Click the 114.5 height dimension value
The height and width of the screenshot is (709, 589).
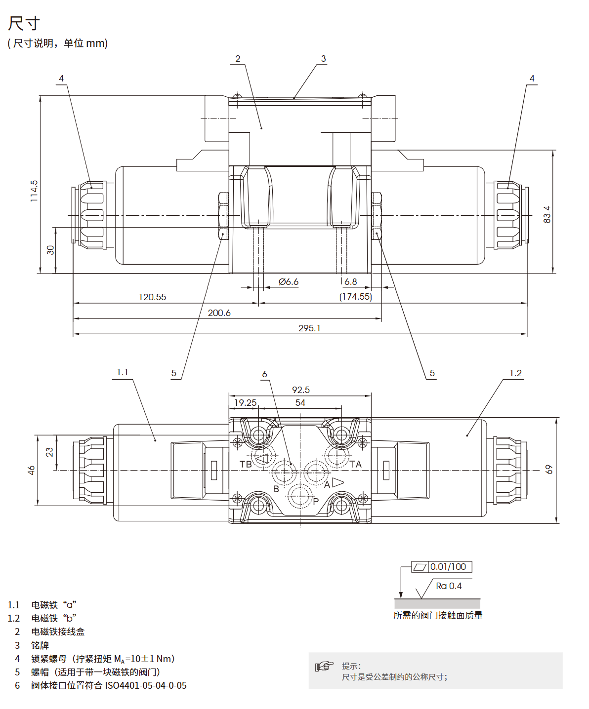34,191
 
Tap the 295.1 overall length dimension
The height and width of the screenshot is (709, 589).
309,328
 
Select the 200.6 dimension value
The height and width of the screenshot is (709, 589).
219,313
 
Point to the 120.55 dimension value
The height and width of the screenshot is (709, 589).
152,297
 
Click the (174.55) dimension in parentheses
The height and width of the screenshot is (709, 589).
355,296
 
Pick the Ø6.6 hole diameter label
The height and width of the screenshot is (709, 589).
289,281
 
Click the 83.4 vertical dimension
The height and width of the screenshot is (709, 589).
547,214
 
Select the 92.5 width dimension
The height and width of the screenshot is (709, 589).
300,390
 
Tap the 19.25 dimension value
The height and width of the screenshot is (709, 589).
245,402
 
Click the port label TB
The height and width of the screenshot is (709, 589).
246,464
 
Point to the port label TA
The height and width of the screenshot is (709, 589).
356,464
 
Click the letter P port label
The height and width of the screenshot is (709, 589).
316,501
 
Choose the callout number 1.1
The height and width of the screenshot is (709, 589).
122,372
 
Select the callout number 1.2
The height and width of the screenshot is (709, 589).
515,373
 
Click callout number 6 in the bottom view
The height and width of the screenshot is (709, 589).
264,374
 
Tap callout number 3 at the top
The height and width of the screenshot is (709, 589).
323,59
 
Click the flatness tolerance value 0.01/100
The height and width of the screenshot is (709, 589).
448,567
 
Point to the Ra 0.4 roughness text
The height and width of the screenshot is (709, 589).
449,586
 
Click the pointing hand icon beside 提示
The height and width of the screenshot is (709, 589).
324,666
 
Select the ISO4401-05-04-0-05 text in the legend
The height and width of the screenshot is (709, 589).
146,685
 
